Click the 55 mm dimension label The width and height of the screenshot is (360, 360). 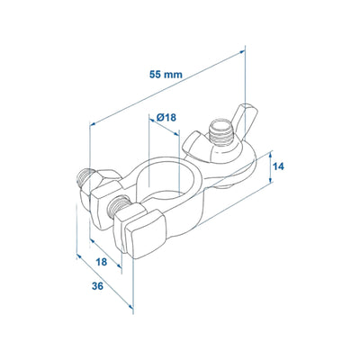(x=166, y=74)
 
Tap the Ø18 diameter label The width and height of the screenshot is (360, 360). (x=166, y=117)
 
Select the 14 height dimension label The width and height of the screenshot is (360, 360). (x=279, y=166)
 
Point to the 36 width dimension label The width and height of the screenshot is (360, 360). (x=97, y=286)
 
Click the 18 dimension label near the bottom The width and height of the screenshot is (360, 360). (x=101, y=262)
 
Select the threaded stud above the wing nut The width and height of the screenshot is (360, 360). (x=222, y=132)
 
